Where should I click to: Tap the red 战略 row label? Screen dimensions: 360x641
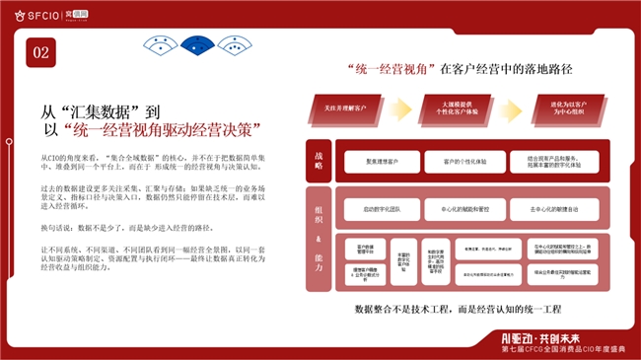pyautogui.click(x=319, y=161)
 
